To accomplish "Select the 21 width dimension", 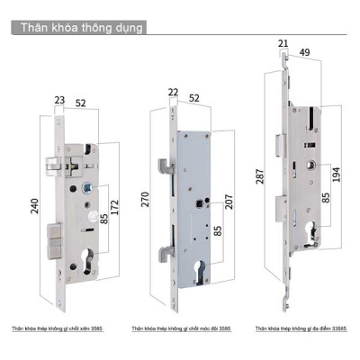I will click(282, 42).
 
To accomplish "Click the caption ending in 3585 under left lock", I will click(59, 330).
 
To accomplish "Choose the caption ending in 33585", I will click(299, 330).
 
